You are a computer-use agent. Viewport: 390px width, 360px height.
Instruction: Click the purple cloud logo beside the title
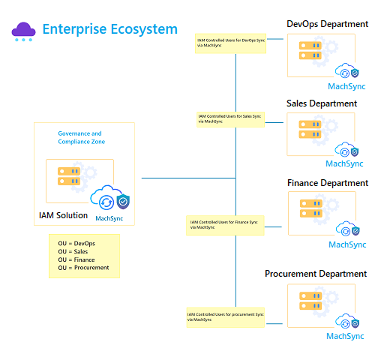[x=23, y=31]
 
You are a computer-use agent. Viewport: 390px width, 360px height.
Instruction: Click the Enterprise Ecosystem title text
[x=110, y=29]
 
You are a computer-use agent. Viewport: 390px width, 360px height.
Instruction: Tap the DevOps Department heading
[x=327, y=24]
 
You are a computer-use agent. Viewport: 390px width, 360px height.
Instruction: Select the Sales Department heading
[x=322, y=103]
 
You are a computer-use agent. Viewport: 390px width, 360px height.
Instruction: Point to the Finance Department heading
[x=328, y=183]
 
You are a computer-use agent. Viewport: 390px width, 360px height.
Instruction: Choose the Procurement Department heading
[x=316, y=274]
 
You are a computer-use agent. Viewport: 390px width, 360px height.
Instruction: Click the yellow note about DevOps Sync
[x=230, y=43]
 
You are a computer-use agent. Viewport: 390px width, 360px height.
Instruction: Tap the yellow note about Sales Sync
[x=230, y=119]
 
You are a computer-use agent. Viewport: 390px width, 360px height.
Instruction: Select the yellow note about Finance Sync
[x=225, y=225]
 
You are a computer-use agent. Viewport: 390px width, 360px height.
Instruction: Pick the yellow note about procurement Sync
[x=226, y=317]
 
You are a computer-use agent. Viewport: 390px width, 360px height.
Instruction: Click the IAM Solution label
[x=63, y=215]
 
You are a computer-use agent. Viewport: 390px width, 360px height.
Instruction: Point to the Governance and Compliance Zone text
[x=82, y=137]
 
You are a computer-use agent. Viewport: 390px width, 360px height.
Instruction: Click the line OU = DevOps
[x=76, y=244]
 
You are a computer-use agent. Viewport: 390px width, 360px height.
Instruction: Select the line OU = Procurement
[x=83, y=268]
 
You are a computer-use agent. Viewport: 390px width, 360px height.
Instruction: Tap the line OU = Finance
[x=76, y=259]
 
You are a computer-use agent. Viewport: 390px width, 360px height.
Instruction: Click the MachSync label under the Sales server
[x=344, y=163]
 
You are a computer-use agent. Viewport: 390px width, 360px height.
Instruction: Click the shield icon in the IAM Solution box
[x=123, y=201]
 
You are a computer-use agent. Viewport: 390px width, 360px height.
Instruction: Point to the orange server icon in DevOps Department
[x=310, y=50]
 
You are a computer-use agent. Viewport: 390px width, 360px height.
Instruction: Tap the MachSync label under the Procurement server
[x=345, y=336]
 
